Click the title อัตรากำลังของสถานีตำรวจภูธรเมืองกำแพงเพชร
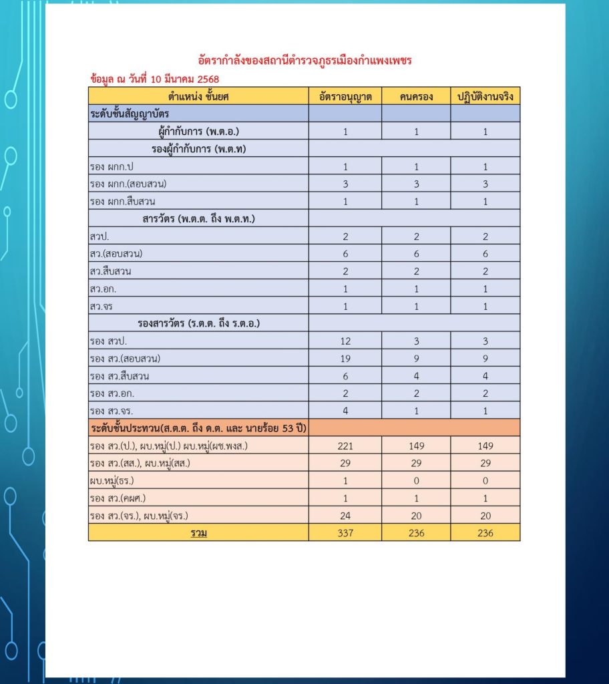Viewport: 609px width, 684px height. [x=305, y=61]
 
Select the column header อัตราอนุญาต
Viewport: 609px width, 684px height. [x=345, y=96]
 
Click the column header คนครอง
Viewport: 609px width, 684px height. [x=416, y=96]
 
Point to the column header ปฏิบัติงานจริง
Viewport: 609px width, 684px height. [x=485, y=96]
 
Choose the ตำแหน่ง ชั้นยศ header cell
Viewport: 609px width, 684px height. [x=198, y=96]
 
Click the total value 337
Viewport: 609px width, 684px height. [x=345, y=532]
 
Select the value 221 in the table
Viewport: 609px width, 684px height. [x=345, y=446]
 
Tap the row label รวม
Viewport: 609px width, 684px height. [x=198, y=532]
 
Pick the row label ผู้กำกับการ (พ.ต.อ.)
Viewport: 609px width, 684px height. [x=198, y=132]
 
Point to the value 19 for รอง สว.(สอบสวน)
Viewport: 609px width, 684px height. [x=345, y=359]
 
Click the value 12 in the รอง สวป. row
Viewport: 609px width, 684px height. [x=345, y=341]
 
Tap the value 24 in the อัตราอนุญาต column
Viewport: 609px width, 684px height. [x=345, y=515]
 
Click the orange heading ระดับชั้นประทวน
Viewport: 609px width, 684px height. [x=201, y=427]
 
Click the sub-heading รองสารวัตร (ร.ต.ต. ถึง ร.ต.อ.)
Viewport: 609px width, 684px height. [x=198, y=323]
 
